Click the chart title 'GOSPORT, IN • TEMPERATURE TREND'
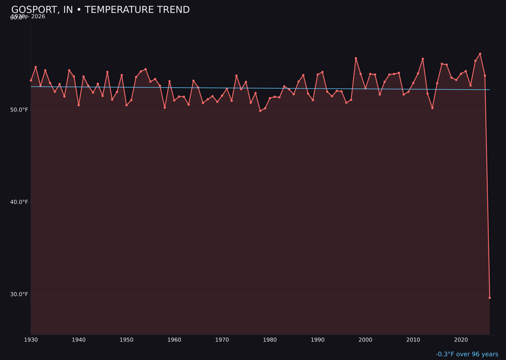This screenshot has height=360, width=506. (100, 10)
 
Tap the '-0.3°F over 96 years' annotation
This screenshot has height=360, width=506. (467, 354)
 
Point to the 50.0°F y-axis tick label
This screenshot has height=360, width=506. (19, 110)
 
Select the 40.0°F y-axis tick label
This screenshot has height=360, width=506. (19, 202)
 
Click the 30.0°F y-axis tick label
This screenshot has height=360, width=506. (19, 294)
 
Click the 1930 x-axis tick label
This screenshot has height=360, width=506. (31, 340)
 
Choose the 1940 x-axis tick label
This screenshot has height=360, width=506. (79, 340)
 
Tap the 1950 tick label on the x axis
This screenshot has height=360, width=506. (126, 340)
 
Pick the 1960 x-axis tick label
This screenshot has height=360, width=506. (174, 340)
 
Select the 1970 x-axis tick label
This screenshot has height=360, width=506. (222, 340)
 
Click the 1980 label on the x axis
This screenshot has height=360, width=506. (270, 340)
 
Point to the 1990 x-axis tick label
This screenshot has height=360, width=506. (318, 340)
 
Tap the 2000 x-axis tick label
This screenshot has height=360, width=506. (365, 340)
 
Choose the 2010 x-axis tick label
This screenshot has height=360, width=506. (413, 340)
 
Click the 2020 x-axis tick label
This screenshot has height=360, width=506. (461, 340)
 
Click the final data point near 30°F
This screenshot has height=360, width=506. (490, 298)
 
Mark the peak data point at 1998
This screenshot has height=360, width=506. (356, 58)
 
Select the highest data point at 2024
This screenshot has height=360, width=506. (480, 53)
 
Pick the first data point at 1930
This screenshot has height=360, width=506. (31, 80)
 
